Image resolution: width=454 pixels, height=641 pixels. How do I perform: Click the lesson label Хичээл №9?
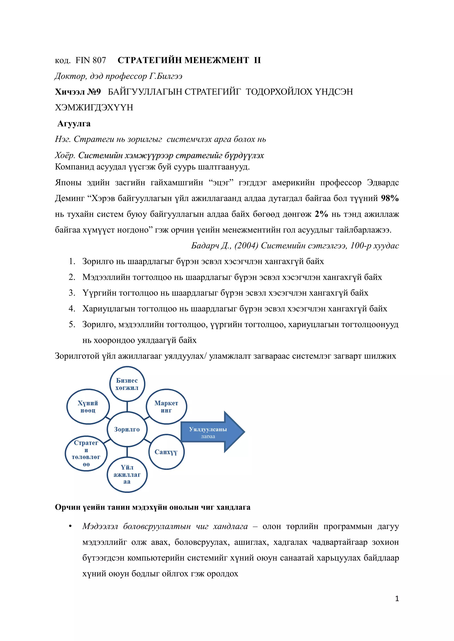point(78,92)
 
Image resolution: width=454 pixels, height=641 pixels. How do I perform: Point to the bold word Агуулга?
point(74,124)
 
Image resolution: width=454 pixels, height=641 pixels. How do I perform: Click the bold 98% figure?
point(390,198)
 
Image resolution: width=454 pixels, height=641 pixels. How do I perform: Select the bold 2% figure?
point(321,214)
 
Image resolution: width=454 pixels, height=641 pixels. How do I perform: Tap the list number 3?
point(72,293)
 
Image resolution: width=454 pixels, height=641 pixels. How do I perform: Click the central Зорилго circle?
point(127,429)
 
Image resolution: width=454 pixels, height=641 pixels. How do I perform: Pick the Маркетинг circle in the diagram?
point(166,407)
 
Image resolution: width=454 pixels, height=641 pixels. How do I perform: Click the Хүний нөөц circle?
point(88,407)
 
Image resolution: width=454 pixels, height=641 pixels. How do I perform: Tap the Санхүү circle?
point(166,452)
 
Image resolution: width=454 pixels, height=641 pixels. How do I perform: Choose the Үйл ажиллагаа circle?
point(127,475)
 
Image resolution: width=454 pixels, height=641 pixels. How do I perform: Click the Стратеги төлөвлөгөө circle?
point(86,453)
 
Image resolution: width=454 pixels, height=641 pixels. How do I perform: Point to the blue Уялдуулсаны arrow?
point(212,432)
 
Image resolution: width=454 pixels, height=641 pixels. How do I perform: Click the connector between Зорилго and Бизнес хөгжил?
point(127,407)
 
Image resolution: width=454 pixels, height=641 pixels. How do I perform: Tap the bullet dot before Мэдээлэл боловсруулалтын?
point(70,527)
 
